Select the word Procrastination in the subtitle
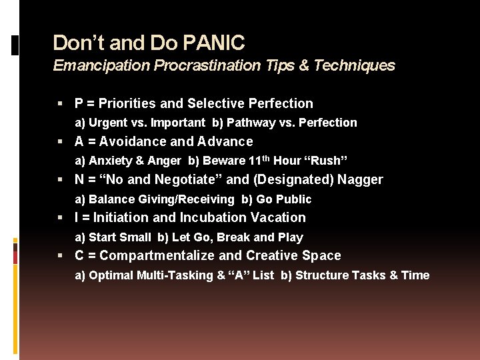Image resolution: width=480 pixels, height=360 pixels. coord(207,65)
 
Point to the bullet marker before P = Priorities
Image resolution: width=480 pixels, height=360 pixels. coord(61,103)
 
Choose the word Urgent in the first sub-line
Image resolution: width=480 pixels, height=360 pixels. coord(107,123)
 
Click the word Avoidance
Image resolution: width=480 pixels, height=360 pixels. coord(135,141)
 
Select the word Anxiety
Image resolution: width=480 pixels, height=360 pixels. coord(109,161)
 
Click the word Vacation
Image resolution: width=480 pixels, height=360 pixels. coord(278,217)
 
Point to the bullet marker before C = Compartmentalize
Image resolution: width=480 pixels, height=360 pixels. coord(61,255)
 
